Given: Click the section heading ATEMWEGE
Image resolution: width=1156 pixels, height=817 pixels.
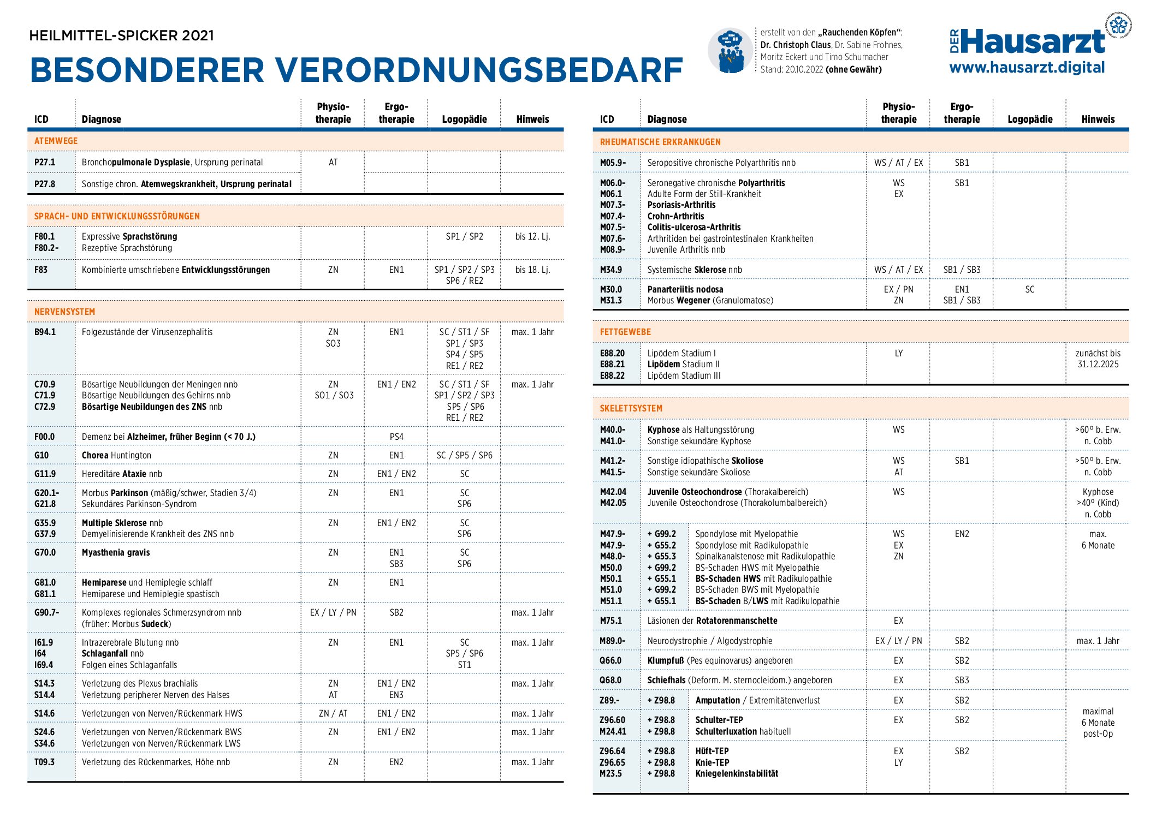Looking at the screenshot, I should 56,141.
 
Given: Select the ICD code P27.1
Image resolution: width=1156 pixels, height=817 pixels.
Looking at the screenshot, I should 45,162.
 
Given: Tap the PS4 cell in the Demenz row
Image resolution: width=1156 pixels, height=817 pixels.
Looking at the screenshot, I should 396,437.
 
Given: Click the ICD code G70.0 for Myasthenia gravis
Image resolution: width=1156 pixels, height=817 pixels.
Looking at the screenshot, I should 45,552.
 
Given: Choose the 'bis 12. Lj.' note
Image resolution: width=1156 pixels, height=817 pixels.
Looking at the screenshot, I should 532,236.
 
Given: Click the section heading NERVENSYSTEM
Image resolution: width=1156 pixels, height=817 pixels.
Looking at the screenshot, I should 64,312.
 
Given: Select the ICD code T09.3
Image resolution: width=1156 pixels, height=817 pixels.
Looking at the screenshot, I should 45,762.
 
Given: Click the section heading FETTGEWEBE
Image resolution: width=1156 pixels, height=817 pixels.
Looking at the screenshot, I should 625,332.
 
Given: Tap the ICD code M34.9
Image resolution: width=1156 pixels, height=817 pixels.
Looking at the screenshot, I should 610,270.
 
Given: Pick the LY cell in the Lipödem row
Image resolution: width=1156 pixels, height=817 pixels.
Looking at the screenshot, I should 898,353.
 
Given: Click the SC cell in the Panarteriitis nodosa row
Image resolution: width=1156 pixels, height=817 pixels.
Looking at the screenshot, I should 1029,289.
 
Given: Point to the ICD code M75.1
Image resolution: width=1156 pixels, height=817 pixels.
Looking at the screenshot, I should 610,621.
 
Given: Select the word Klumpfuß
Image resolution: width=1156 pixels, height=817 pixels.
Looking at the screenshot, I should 666,660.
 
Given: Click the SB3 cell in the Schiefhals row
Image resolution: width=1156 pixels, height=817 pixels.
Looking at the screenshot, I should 962,680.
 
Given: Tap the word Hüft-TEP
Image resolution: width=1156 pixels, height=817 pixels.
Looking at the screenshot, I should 712,751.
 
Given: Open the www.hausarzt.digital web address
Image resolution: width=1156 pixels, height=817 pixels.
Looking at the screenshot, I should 1027,68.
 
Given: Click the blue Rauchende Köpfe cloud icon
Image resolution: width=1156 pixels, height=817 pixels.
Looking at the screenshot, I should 731,50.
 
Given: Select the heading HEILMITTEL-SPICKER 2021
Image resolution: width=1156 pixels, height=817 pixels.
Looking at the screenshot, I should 121,35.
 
